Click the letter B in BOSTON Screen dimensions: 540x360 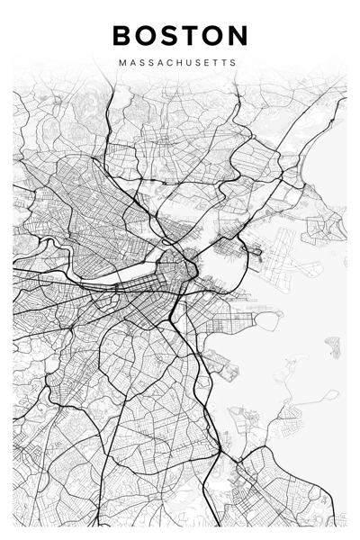123,36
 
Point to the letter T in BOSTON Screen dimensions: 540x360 191,36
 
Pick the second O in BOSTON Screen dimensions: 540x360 212,36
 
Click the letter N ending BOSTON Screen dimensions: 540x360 237,36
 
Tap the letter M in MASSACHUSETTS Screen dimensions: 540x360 121,64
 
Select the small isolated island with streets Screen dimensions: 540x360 333,346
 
